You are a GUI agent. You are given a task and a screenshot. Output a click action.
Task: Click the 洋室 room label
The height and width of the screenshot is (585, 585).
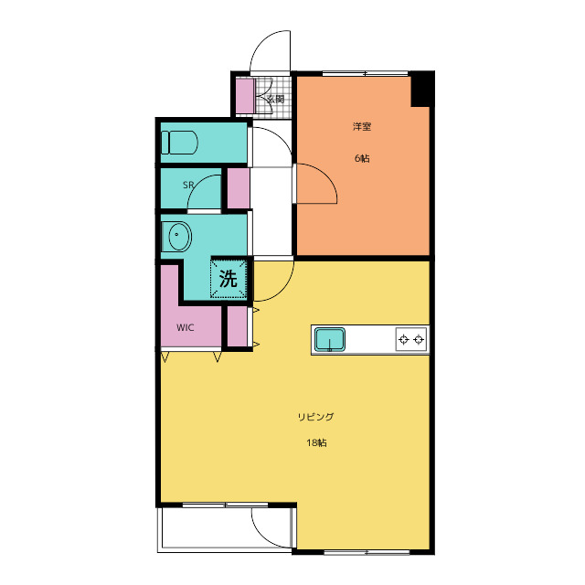tap(362, 126)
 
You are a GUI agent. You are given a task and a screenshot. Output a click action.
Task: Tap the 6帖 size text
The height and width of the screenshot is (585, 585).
tap(362, 158)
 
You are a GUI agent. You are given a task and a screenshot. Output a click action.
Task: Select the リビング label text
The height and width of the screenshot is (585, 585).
tap(315, 417)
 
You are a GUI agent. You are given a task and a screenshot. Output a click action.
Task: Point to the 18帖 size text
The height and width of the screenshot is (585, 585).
tap(317, 442)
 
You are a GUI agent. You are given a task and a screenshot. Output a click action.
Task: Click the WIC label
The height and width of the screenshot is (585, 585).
tap(185, 327)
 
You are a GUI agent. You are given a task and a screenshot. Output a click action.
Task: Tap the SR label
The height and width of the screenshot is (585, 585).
tap(188, 185)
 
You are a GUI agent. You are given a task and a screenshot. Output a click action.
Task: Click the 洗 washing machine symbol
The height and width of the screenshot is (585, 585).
tap(229, 278)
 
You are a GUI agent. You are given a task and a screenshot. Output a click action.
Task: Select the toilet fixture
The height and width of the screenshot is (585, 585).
tap(179, 143)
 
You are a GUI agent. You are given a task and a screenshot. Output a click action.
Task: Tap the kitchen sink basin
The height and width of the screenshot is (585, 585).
tap(329, 339)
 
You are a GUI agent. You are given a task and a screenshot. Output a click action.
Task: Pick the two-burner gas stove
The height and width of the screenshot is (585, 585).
tap(411, 339)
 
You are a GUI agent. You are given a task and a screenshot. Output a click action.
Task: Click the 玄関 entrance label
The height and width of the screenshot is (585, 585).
tap(276, 99)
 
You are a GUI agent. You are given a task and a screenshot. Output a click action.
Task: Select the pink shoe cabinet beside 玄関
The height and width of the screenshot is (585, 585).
tap(245, 96)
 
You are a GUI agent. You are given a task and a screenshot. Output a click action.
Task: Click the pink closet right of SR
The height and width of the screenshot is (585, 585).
tap(239, 188)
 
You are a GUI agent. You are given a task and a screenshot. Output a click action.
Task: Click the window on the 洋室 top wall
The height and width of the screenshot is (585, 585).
tap(366, 73)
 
